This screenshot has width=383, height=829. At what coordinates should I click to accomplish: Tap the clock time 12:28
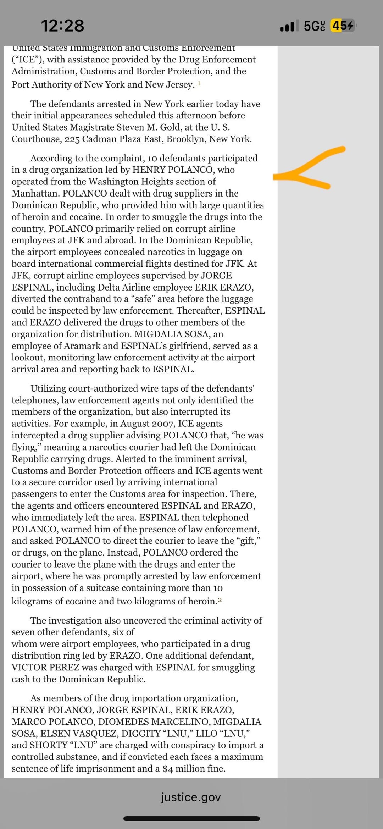pos(62,26)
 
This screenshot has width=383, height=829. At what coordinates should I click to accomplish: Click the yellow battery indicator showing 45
pos(342,26)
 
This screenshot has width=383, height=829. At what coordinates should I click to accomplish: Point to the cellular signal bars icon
pos(287,26)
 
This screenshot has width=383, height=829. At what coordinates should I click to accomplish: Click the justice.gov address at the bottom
pos(191,797)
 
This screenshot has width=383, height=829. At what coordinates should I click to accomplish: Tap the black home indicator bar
pos(191,819)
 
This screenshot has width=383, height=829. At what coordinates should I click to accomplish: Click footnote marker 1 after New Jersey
pos(199,84)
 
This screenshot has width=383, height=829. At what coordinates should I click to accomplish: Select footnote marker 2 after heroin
pos(220,600)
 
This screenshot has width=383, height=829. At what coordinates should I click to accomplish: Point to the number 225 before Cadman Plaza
pos(72,139)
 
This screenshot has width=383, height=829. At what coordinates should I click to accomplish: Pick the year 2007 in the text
pos(163,424)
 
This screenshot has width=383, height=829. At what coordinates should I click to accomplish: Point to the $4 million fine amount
pos(194,768)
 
